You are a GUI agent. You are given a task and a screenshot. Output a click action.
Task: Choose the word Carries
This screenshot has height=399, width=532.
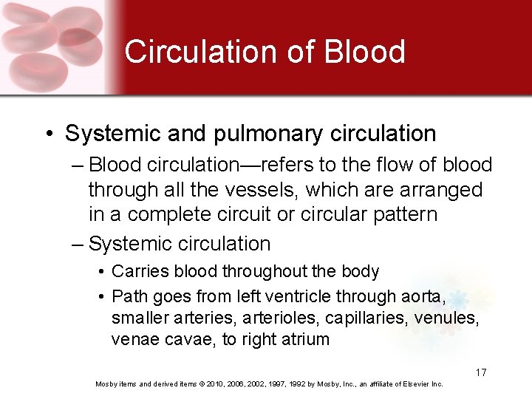[x=140, y=272]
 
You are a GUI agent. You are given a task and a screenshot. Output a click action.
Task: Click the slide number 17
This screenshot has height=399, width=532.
[x=480, y=372]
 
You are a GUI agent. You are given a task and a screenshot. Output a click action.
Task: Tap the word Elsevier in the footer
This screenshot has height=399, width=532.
[x=418, y=384]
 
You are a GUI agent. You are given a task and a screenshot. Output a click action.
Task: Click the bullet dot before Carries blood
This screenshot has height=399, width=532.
[x=101, y=273]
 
